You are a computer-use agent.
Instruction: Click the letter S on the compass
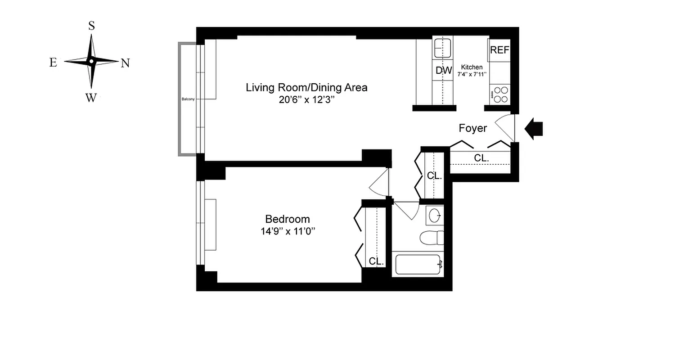[x=91, y=26]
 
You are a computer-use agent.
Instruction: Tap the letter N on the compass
[x=125, y=63]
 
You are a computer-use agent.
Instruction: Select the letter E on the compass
[x=53, y=63]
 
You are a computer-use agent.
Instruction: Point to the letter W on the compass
[x=91, y=98]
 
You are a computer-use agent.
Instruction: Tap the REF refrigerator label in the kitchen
[x=499, y=50]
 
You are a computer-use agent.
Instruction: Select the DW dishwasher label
[x=444, y=70]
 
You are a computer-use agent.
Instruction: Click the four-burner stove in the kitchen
[x=500, y=94]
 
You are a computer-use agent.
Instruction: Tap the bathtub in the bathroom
[x=418, y=265]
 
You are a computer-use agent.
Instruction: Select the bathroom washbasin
[x=435, y=216]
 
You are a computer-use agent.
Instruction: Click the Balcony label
[x=188, y=99]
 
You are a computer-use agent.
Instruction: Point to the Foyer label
[x=472, y=128]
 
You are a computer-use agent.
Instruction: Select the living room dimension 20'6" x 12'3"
[x=306, y=100]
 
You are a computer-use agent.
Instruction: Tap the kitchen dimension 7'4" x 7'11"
[x=472, y=74]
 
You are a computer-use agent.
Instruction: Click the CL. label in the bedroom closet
[x=376, y=261]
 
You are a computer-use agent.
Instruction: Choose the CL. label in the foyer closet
[x=481, y=158]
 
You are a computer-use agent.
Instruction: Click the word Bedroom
[x=288, y=219]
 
